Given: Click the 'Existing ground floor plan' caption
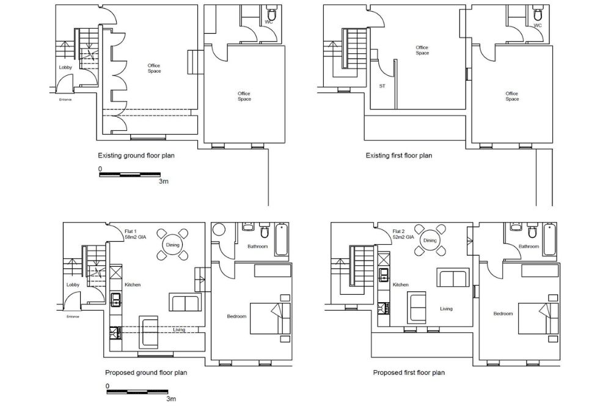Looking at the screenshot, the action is (136, 155).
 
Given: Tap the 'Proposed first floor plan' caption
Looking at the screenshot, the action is (409, 373).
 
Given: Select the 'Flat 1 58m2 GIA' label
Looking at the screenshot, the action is (135, 234).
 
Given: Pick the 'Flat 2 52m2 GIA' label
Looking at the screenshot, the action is (403, 234).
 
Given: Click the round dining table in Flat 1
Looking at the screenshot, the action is (173, 245).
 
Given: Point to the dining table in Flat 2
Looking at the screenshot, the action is (430, 240).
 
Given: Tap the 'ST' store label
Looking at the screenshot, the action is (382, 86).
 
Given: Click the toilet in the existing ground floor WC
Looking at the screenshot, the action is (271, 15).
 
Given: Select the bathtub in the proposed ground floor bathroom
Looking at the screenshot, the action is (281, 239).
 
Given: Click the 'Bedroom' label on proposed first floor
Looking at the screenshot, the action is (503, 314).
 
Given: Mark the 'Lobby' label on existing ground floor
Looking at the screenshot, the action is (65, 67).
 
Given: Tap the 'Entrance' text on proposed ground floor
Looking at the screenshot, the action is (73, 317).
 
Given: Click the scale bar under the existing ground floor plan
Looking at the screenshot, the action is (130, 174).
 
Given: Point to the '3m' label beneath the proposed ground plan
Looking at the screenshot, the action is (171, 399).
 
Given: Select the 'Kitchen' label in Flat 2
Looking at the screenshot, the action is (401, 284).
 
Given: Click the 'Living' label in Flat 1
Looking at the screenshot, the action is (179, 330).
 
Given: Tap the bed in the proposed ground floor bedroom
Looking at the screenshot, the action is (270, 318).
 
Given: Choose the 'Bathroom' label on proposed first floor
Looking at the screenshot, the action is (529, 247).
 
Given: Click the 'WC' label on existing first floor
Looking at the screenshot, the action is (538, 25).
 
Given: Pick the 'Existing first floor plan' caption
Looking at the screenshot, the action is (399, 155).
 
